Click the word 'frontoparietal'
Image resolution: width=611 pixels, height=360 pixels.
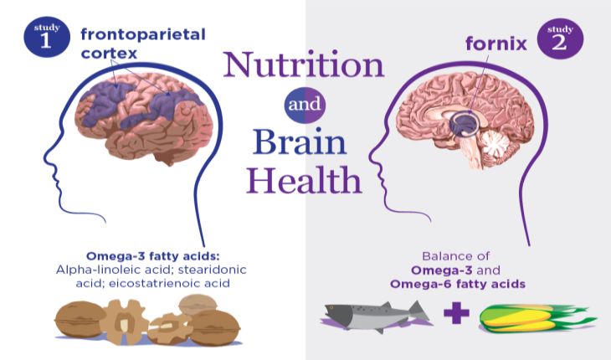tap(143, 35)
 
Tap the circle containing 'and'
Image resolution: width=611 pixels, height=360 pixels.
tap(305, 106)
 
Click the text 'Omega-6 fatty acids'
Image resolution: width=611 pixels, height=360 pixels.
tap(458, 285)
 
